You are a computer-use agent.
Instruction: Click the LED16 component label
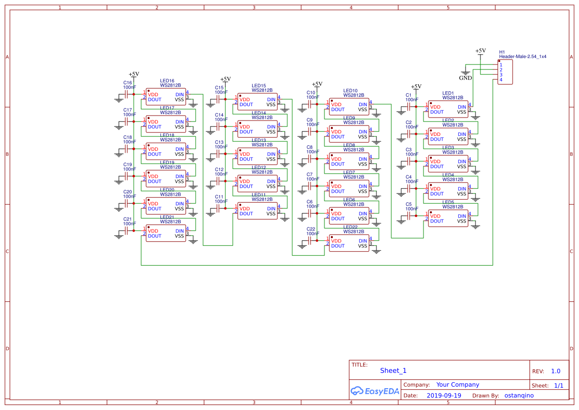(x=167, y=81)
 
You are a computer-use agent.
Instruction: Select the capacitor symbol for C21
(x=127, y=231)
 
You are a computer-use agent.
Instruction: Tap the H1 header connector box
(x=505, y=72)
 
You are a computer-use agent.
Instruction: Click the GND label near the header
(x=465, y=78)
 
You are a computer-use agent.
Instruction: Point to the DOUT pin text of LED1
(x=437, y=112)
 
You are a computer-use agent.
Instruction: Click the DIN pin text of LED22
(x=363, y=241)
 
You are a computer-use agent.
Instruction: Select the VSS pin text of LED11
(x=271, y=214)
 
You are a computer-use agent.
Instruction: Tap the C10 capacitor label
(x=311, y=93)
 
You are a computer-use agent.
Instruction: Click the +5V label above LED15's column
(x=225, y=79)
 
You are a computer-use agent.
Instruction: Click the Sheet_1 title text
(x=393, y=370)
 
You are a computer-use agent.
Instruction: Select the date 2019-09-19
(x=444, y=396)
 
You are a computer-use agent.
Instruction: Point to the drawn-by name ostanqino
(x=519, y=396)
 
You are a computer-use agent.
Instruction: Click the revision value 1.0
(x=555, y=371)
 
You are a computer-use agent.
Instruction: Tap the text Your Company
(x=457, y=385)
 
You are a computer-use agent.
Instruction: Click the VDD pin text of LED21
(x=153, y=231)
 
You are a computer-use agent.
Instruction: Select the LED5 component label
(x=448, y=202)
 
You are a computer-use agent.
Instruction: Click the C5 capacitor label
(x=409, y=204)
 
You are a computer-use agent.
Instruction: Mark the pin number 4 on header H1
(x=501, y=80)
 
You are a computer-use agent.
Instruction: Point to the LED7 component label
(x=349, y=173)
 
